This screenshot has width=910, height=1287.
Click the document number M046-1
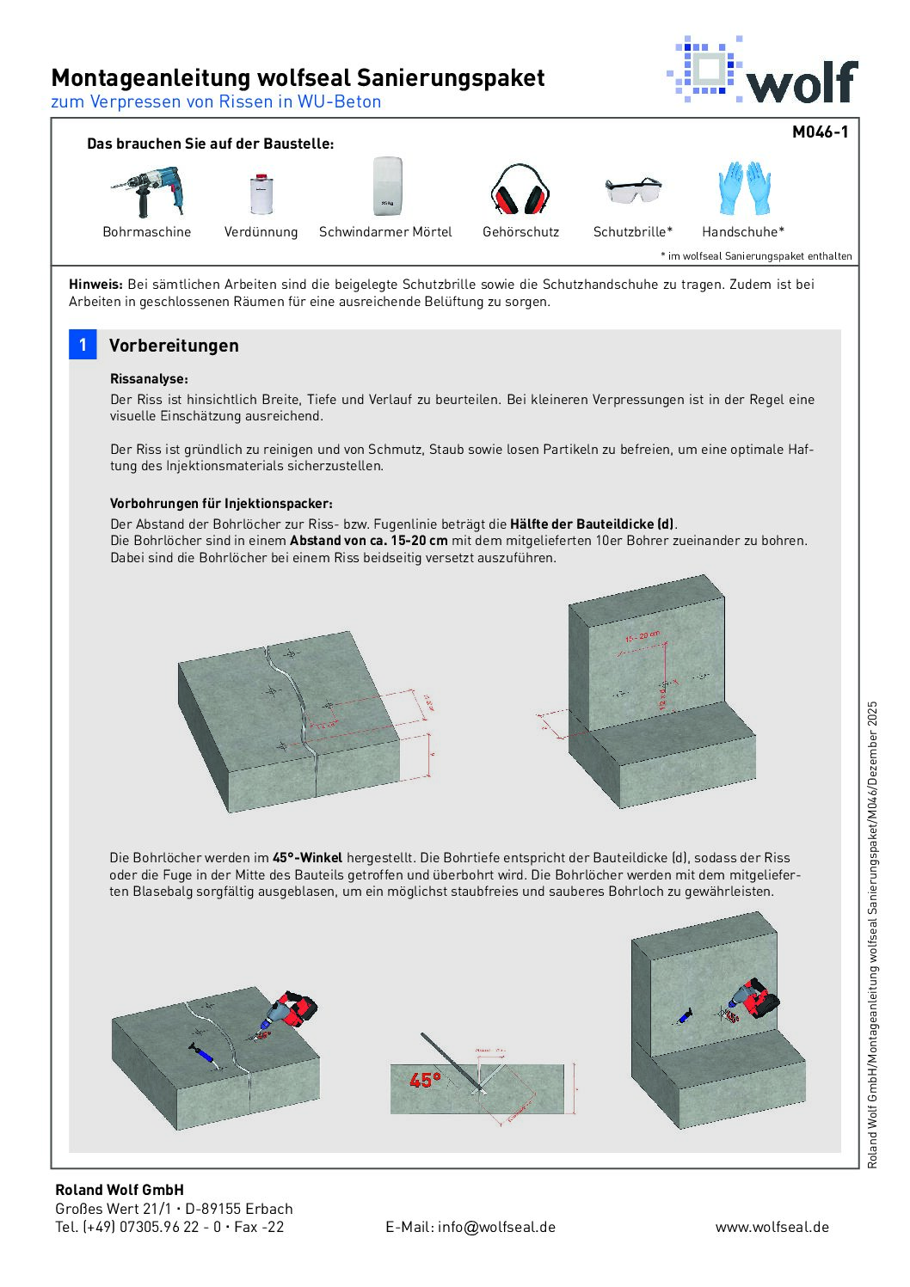[x=820, y=132]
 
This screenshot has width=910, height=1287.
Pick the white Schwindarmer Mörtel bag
[x=387, y=186]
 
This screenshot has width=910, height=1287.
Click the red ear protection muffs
[x=520, y=191]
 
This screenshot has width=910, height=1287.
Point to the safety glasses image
[x=633, y=190]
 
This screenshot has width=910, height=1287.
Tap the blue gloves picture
[x=744, y=187]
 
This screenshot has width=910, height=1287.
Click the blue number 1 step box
[x=83, y=345]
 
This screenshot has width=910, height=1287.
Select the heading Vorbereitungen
[x=174, y=346]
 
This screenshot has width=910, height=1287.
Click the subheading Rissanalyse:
[x=149, y=378]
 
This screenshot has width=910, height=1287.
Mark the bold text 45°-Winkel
[x=307, y=857]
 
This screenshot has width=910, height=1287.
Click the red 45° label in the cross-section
[x=425, y=1080]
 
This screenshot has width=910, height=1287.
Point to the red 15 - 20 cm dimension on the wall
[x=643, y=637]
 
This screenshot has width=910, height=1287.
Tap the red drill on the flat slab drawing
[x=291, y=1010]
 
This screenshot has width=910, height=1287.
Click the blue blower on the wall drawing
[x=685, y=1018]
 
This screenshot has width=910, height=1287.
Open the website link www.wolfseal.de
[x=772, y=1227]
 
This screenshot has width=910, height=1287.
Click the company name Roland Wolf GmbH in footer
[x=120, y=1190]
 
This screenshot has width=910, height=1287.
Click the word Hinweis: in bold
[x=95, y=285]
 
